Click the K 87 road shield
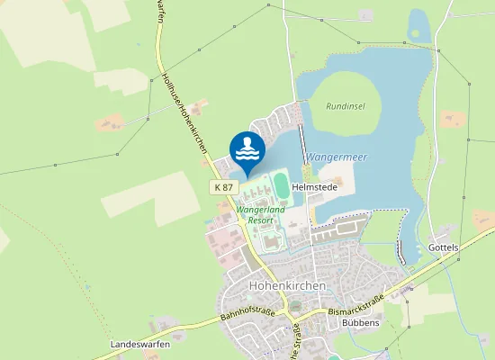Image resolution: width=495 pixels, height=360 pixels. [225, 186]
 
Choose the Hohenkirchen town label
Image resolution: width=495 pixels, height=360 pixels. [285, 285]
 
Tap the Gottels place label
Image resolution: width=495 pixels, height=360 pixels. [444, 247]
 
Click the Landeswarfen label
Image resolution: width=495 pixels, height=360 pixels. [140, 345]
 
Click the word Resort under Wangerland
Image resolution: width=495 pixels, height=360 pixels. [260, 220]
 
